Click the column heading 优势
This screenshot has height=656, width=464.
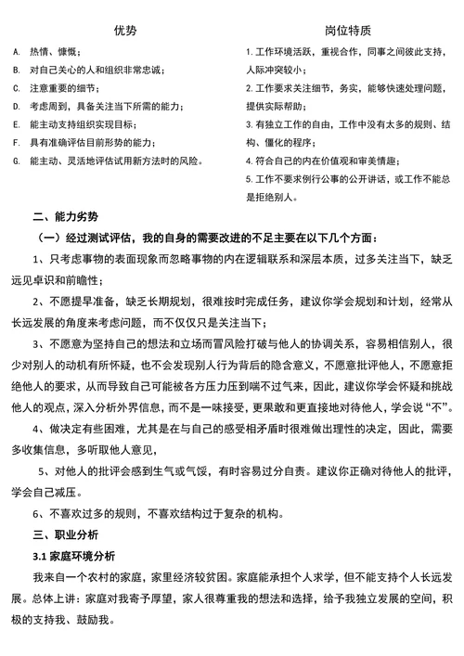(x=124, y=31)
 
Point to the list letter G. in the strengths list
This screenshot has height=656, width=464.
(x=16, y=161)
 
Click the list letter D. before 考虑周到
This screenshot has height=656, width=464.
(x=16, y=107)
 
